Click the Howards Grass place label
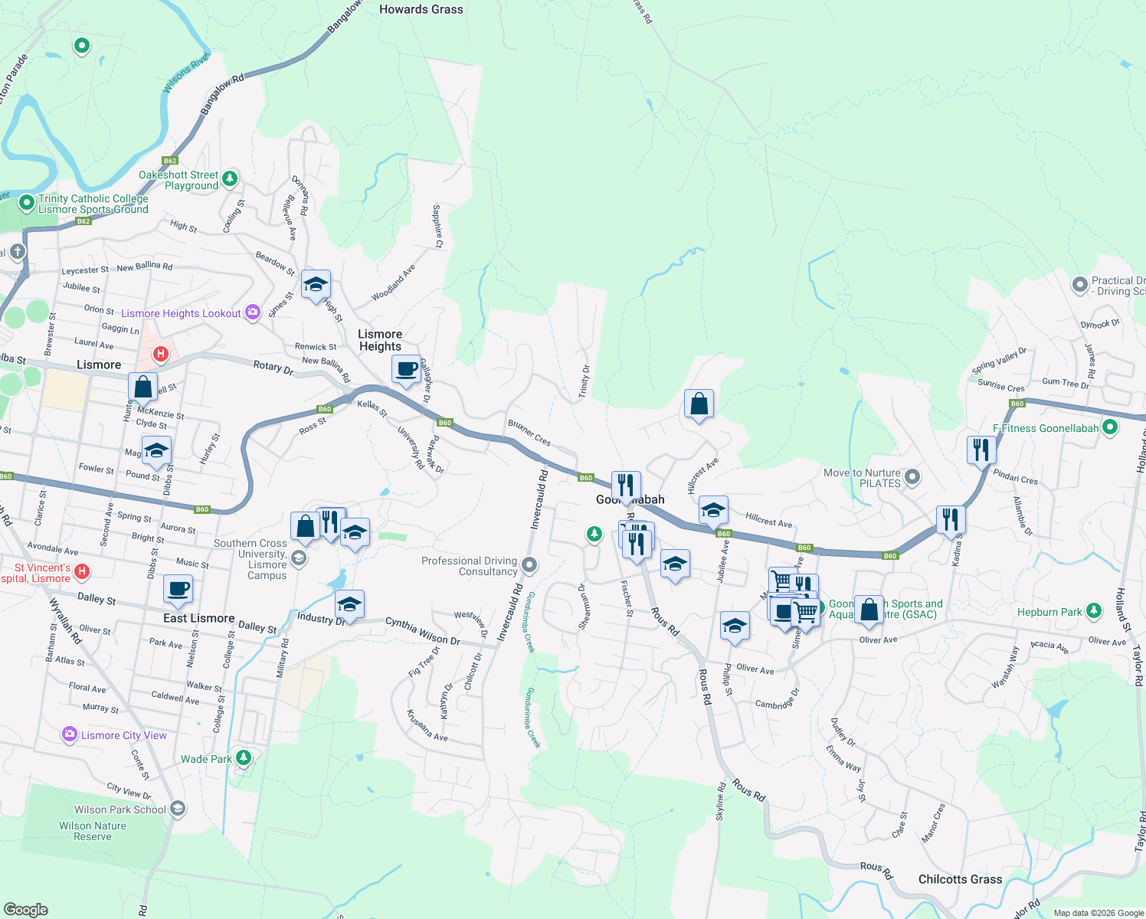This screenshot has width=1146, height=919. point(421,9)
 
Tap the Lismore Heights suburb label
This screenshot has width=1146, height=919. point(380,340)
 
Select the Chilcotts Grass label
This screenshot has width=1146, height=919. point(960,879)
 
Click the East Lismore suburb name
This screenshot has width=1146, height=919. point(198,618)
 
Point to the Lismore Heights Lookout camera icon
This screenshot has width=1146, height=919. point(253,312)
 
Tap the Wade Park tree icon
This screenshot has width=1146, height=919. point(244,758)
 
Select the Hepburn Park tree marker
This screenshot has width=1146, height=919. point(1094,611)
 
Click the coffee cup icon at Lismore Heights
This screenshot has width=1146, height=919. point(406,369)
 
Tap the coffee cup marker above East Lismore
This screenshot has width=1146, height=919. point(178,590)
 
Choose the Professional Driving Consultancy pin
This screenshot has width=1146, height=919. point(529,566)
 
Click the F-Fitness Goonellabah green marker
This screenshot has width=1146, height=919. point(1111,428)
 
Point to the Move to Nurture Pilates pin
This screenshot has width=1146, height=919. point(912,477)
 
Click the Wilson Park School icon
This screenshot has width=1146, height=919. point(178,809)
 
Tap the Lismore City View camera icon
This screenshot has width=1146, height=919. point(70,735)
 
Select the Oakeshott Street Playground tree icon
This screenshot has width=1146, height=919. point(229,179)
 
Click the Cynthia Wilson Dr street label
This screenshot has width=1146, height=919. point(422,630)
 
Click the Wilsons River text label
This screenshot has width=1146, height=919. point(186,73)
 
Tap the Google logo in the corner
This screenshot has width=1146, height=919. point(26,909)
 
